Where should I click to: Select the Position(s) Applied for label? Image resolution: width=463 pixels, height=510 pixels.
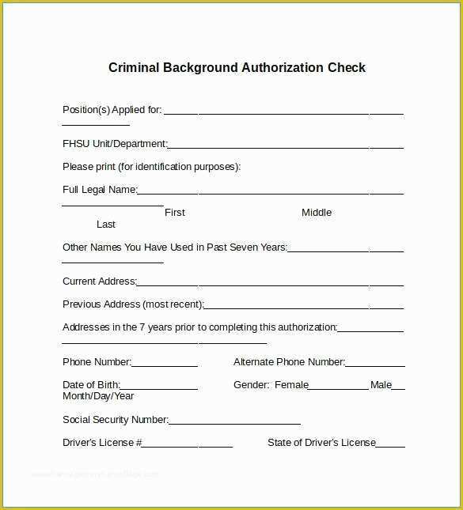click(112, 110)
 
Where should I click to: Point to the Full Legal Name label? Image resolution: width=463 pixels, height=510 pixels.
click(99, 190)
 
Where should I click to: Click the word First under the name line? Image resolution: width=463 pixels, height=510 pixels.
click(175, 213)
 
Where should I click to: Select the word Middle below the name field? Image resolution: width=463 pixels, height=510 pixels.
click(317, 213)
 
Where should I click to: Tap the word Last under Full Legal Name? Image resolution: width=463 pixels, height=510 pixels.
click(106, 225)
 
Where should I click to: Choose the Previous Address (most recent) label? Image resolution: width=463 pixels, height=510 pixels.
click(133, 304)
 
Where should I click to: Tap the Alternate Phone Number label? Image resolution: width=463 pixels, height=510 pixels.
click(289, 362)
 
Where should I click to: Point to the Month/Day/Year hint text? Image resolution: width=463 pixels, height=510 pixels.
click(98, 396)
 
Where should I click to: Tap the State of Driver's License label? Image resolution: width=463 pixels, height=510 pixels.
click(321, 443)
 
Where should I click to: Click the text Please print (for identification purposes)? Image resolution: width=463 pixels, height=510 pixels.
click(151, 167)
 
